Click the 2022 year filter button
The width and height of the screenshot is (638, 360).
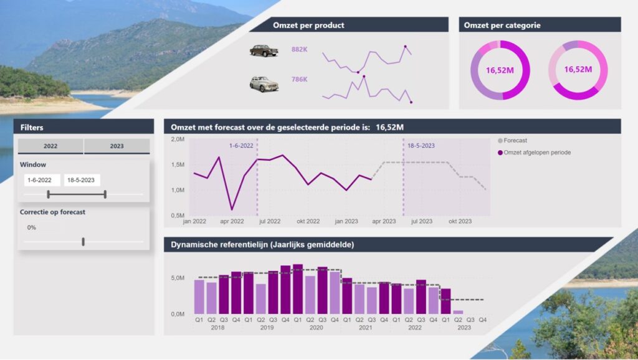click(x=50, y=146)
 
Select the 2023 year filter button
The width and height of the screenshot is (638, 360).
click(x=117, y=146)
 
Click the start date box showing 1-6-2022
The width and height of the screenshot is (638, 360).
click(x=42, y=180)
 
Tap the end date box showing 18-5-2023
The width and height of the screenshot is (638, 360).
click(x=82, y=180)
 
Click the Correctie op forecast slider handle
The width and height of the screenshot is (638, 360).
click(x=83, y=242)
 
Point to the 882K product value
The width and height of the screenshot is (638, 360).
click(x=299, y=50)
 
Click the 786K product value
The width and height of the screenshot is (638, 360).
click(x=299, y=80)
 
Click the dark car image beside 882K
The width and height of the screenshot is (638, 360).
click(x=264, y=50)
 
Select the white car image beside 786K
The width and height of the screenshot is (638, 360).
click(x=264, y=83)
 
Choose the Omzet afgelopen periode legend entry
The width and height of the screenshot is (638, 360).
click(x=537, y=153)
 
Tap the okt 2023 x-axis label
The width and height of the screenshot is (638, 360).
click(x=460, y=221)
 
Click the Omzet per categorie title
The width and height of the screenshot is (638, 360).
click(x=502, y=26)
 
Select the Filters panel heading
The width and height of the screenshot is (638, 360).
click(x=32, y=127)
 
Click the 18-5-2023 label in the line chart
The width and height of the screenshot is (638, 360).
click(x=421, y=146)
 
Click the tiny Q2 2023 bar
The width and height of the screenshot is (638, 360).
click(x=458, y=311)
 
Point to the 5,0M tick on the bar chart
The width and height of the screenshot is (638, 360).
click(x=177, y=278)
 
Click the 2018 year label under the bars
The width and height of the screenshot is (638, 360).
click(x=217, y=328)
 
